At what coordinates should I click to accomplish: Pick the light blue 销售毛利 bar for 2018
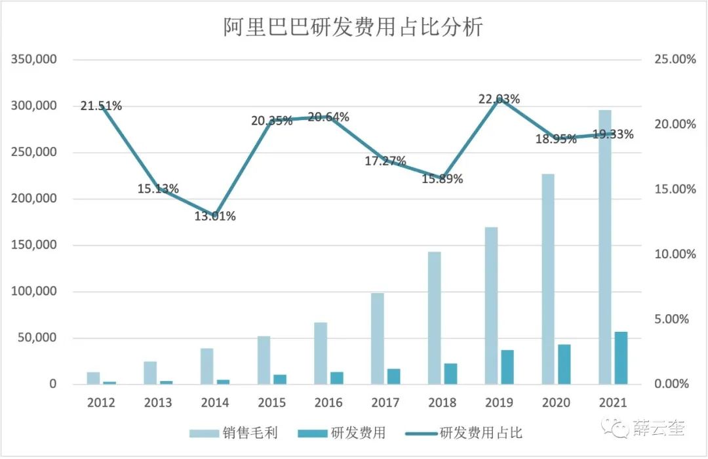click(434, 318)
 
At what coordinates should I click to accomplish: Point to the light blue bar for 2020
click(548, 279)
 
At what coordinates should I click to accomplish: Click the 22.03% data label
click(500, 100)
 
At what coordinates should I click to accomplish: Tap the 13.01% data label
click(214, 216)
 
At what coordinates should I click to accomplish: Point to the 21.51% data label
click(101, 106)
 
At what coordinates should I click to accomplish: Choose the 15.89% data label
click(442, 178)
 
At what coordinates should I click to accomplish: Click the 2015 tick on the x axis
click(271, 402)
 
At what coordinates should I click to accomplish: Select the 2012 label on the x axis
click(101, 402)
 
